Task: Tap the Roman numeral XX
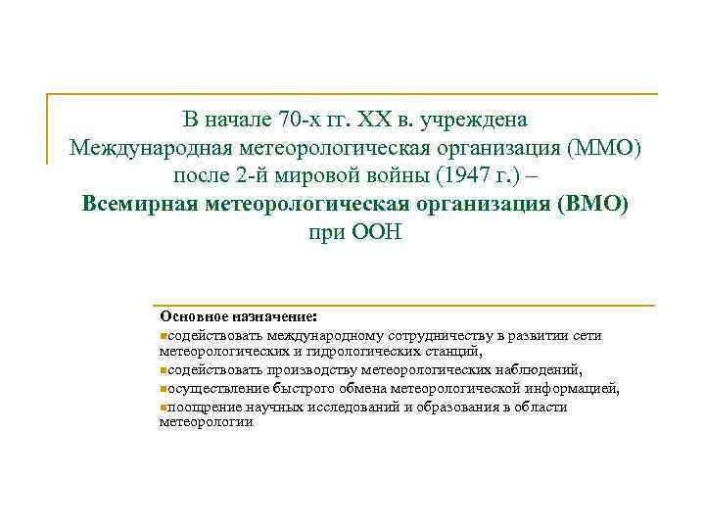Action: [x=377, y=120]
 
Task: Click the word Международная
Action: [x=149, y=149]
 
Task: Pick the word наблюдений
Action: [x=539, y=369]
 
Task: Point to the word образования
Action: [x=450, y=407]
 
